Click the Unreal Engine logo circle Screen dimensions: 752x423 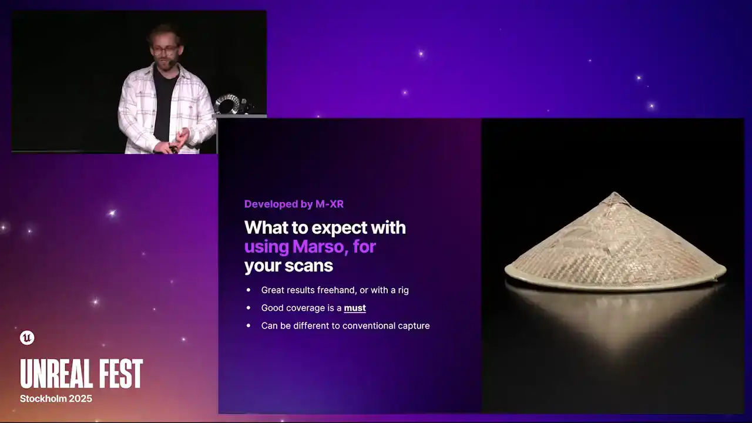[27, 338]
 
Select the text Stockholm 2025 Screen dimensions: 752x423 [56, 399]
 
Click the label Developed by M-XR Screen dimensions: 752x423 [294, 204]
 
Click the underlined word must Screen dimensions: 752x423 [355, 308]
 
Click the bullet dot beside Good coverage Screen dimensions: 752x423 [249, 308]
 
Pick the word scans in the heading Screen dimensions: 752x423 [308, 266]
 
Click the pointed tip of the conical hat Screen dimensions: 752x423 [615, 193]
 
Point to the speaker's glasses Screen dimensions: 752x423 [165, 51]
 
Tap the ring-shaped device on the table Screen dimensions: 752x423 [228, 103]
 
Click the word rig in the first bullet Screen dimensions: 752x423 [403, 291]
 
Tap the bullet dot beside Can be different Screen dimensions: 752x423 [249, 325]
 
